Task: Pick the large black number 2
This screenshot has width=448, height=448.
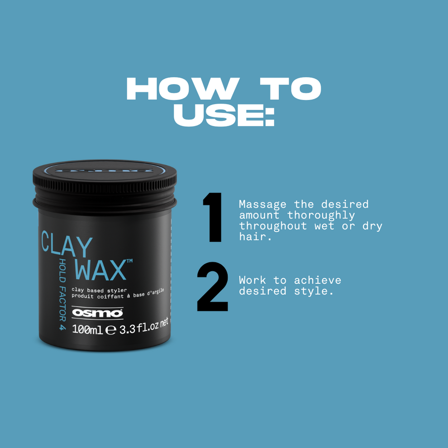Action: pyautogui.click(x=213, y=287)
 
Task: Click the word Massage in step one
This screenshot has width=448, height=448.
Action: pyautogui.click(x=262, y=205)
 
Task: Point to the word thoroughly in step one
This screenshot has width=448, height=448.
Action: pyautogui.click(x=321, y=215)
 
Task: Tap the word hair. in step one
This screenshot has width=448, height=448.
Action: pyautogui.click(x=255, y=237)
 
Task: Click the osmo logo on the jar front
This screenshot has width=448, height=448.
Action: pyautogui.click(x=97, y=313)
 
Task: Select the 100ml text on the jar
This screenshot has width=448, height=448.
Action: pyautogui.click(x=87, y=330)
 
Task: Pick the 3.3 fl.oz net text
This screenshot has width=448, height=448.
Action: pyautogui.click(x=143, y=326)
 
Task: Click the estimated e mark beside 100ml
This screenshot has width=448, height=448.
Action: pyautogui.click(x=110, y=331)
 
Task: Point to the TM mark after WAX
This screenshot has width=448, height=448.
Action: pyautogui.click(x=129, y=261)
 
